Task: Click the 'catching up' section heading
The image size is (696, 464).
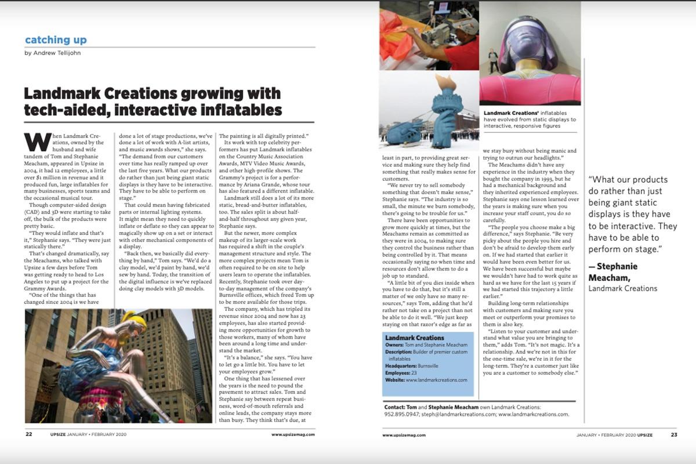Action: coord(56,40)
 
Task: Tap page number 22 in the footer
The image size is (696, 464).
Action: coord(28,434)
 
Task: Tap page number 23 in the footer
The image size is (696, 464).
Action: coord(674,434)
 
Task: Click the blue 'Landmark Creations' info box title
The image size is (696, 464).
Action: coord(414,338)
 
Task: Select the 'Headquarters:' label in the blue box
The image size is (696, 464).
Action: coord(404,366)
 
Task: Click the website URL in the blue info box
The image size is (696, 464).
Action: coord(436,380)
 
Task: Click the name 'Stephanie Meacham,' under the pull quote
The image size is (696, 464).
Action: coord(613,272)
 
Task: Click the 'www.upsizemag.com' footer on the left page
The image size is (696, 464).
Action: coord(293,434)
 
